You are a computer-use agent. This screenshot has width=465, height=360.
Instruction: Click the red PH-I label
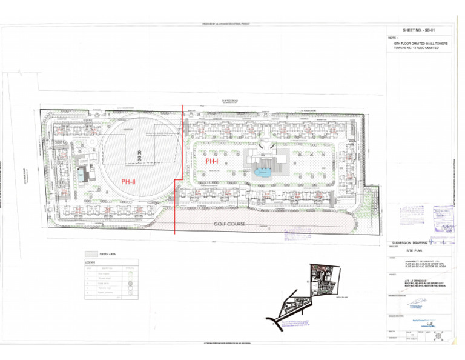click(x=212, y=161)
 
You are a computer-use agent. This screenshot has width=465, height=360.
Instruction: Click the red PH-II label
click(x=128, y=181)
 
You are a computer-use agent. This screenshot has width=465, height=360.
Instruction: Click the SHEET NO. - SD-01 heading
click(x=419, y=30)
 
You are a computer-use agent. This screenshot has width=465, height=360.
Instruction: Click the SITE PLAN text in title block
click(x=417, y=250)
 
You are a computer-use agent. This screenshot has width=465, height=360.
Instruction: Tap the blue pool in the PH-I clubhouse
click(x=263, y=172)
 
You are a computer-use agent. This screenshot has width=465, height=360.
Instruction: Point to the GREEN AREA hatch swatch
click(x=91, y=254)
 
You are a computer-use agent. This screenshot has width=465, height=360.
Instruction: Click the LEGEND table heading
click(x=90, y=262)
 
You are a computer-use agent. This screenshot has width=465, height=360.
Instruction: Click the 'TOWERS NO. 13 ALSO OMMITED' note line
click(x=417, y=48)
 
